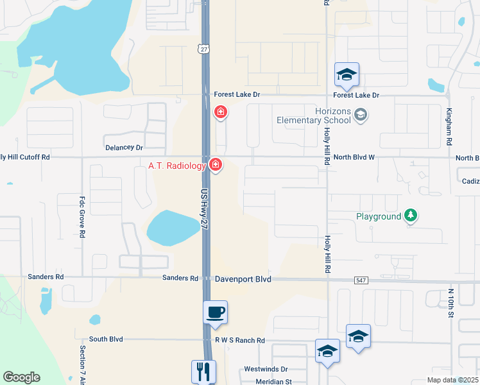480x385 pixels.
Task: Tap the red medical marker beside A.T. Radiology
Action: coord(216,165)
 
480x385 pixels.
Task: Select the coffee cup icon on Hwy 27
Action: coord(215,312)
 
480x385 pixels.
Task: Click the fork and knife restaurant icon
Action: coord(203,372)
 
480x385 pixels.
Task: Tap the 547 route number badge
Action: coord(361,280)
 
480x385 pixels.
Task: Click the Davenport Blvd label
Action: coord(243,279)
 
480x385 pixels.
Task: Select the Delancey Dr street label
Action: coord(124,148)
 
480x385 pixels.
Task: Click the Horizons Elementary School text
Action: coord(314,116)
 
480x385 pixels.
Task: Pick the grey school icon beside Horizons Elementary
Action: coord(361,115)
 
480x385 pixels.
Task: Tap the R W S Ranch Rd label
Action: coord(240,341)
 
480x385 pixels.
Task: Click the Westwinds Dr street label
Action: coord(266,370)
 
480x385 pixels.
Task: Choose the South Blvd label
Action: coord(106,339)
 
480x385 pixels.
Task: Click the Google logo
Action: coord(21,377)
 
